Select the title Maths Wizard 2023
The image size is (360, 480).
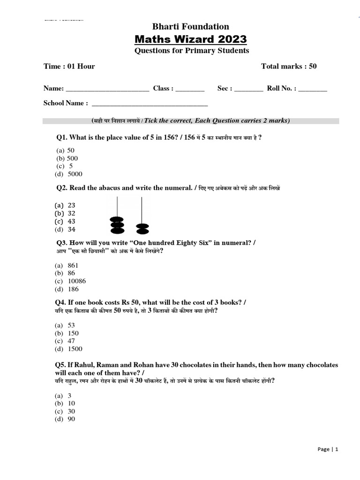pyautogui.click(x=190, y=38)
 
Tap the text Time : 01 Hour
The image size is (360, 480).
pyautogui.click(x=69, y=66)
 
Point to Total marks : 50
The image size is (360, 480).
pyautogui.click(x=289, y=66)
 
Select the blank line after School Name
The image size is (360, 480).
pyautogui.click(x=150, y=104)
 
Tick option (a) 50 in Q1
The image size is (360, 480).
pyautogui.click(x=66, y=150)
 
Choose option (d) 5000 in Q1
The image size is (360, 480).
pyautogui.click(x=68, y=174)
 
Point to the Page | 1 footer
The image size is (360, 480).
pyautogui.click(x=327, y=449)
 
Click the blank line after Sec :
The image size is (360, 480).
pyautogui.click(x=248, y=89)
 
